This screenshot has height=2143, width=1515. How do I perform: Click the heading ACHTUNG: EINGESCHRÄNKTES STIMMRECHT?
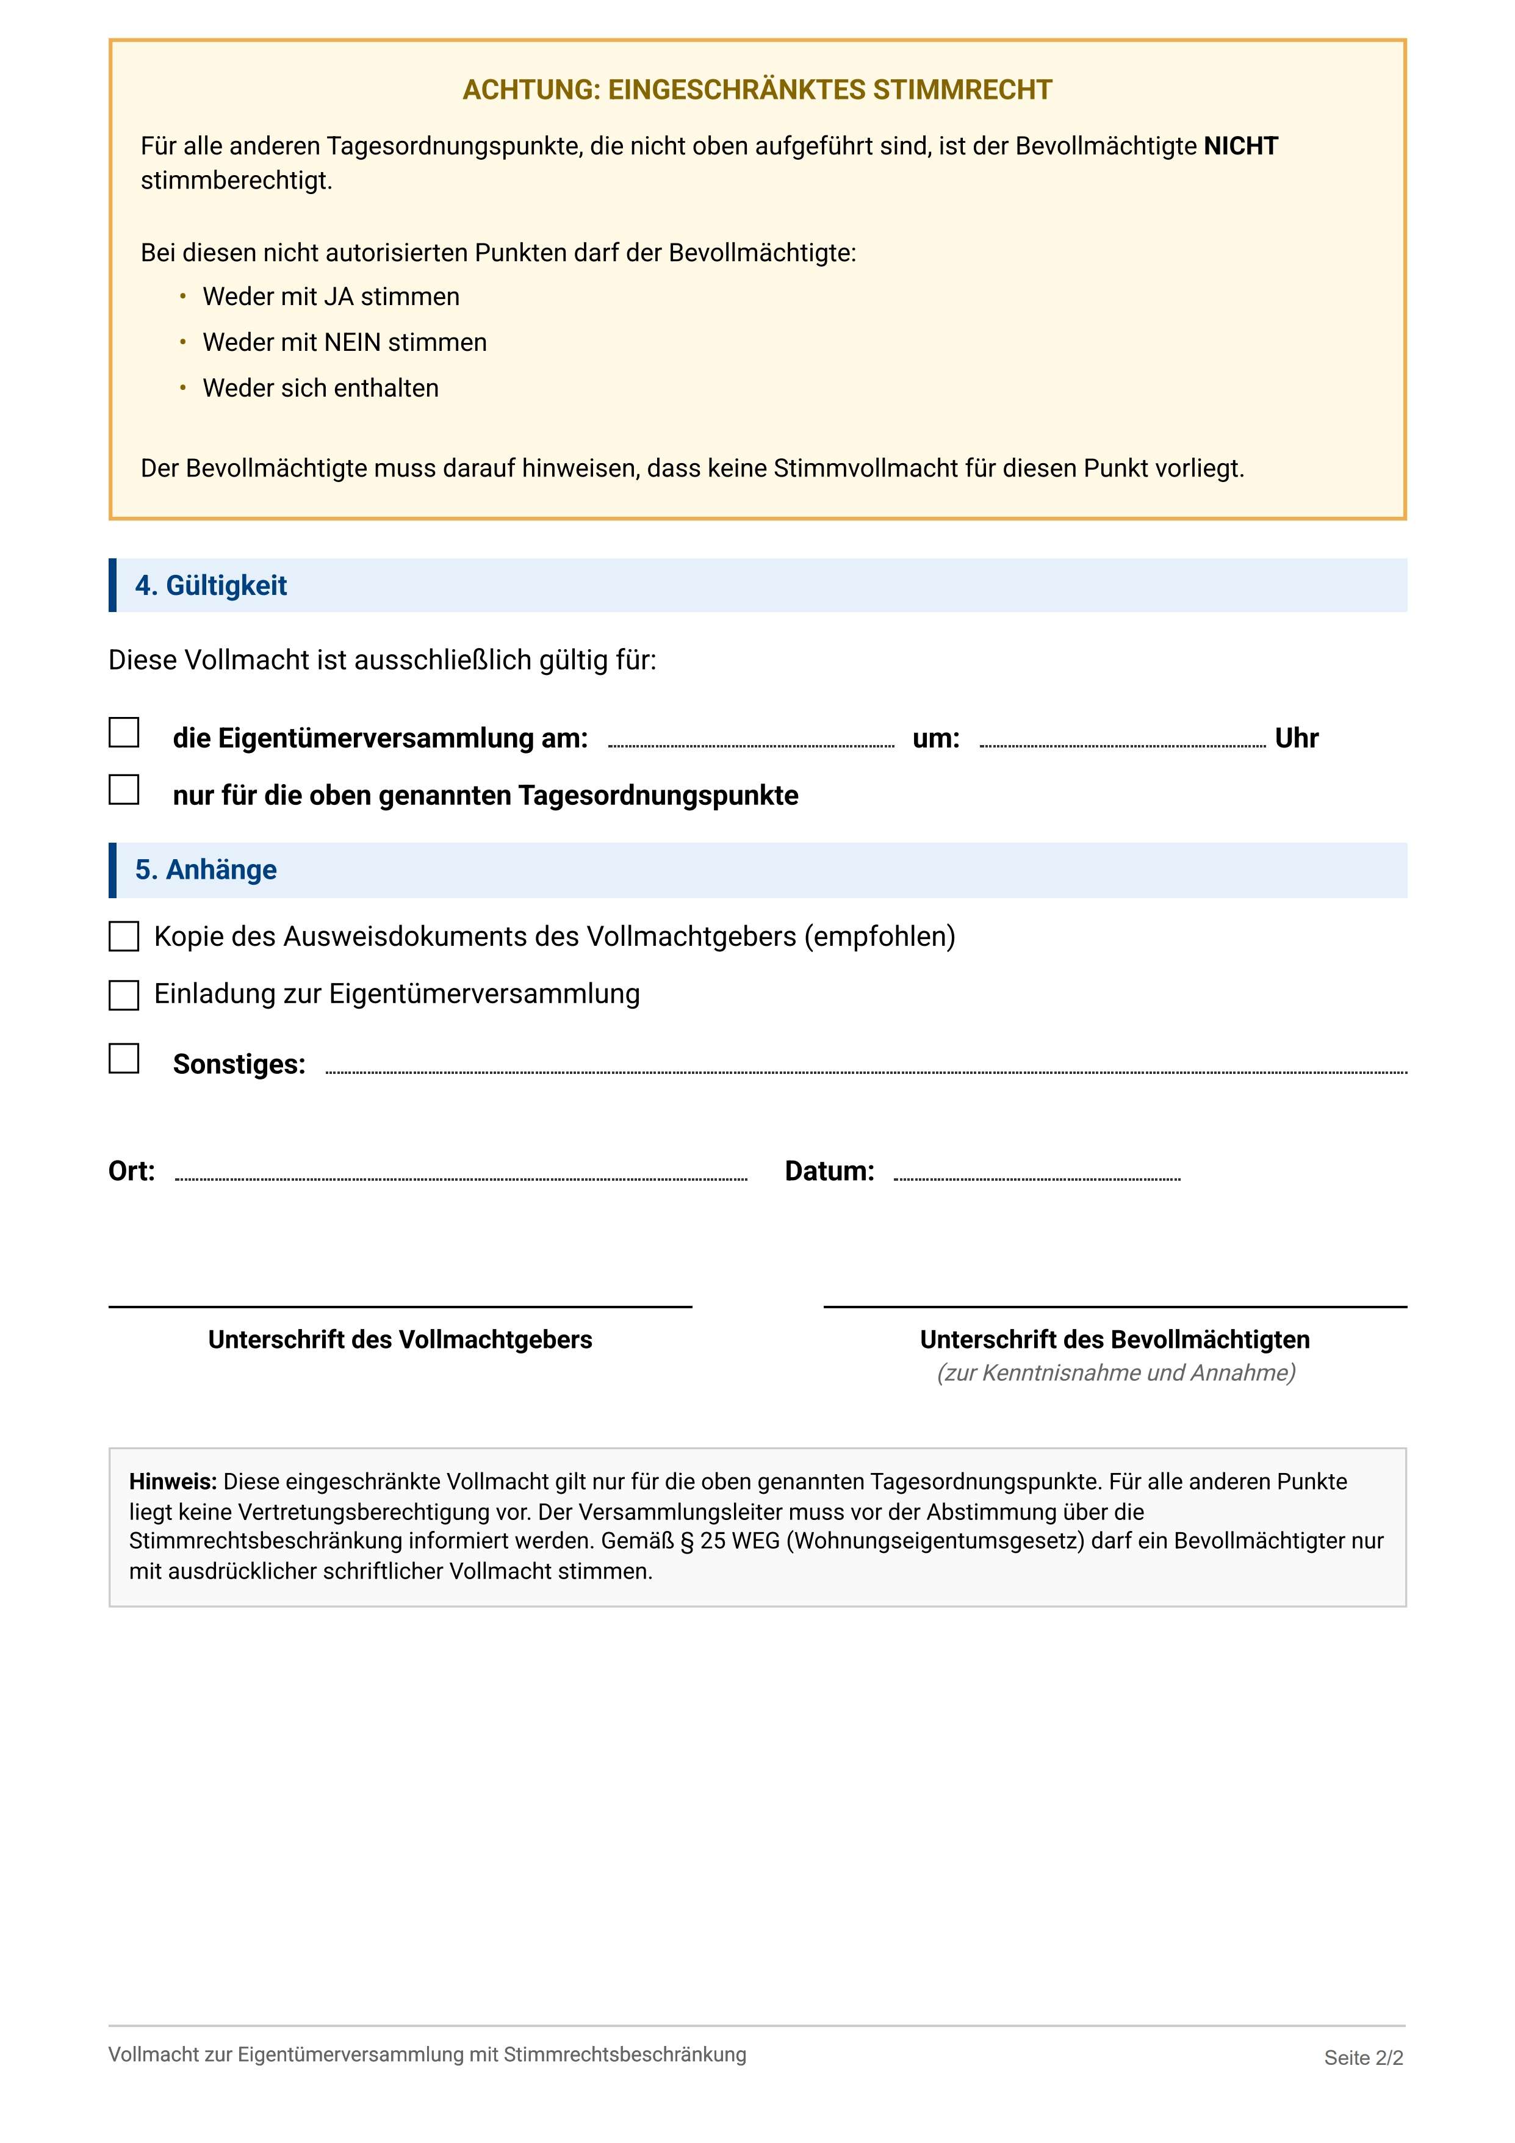tap(757, 90)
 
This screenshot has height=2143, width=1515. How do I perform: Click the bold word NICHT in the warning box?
tap(1240, 146)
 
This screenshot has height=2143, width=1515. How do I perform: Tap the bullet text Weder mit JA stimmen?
tap(331, 297)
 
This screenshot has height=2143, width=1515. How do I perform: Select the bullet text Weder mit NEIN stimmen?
tap(345, 342)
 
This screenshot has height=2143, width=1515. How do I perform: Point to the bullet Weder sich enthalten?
tap(320, 388)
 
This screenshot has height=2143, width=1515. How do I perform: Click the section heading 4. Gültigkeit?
tap(211, 586)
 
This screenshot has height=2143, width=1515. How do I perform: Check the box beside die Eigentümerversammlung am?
tap(124, 733)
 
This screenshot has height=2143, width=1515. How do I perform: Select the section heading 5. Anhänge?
tap(206, 870)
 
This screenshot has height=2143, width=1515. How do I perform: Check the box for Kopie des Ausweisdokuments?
tap(124, 937)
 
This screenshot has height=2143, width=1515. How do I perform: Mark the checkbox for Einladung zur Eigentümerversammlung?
tap(124, 995)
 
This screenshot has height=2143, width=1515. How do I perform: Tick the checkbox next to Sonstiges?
tap(124, 1059)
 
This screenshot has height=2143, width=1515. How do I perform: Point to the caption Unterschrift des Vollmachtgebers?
tap(400, 1341)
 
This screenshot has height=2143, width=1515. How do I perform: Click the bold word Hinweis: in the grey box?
tap(173, 1482)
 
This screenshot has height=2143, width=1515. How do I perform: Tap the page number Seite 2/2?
tap(1363, 2058)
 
